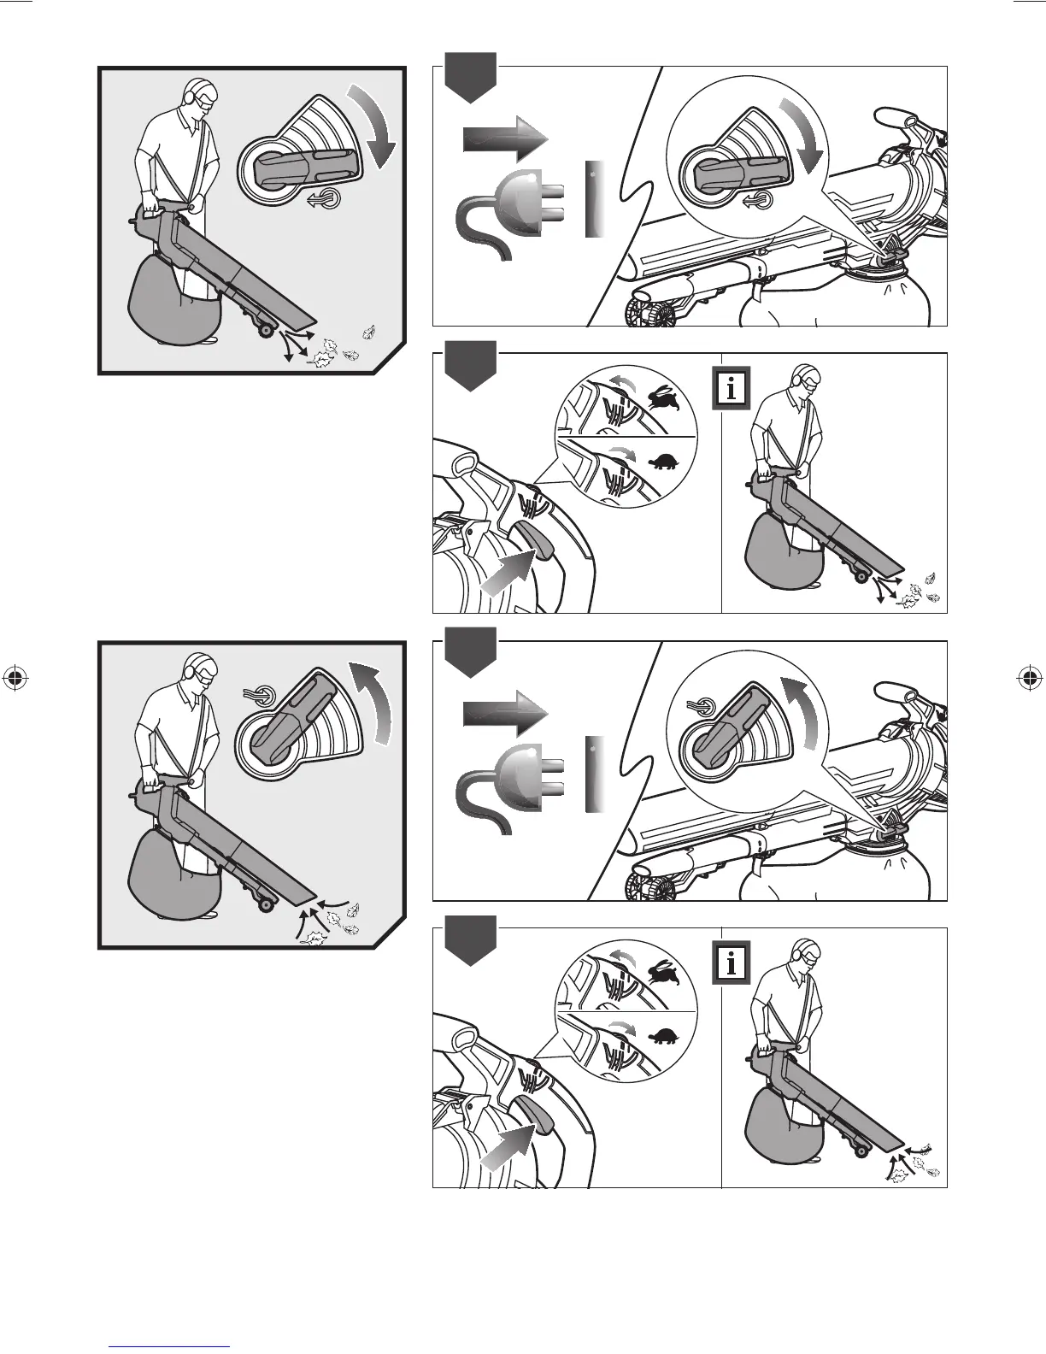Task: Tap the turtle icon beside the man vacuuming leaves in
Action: click(x=663, y=1038)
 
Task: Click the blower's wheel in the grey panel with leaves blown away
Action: click(x=267, y=329)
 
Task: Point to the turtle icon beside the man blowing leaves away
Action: click(x=663, y=463)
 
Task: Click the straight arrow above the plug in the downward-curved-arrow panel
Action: click(x=504, y=138)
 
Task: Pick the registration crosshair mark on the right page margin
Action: click(x=1029, y=679)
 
